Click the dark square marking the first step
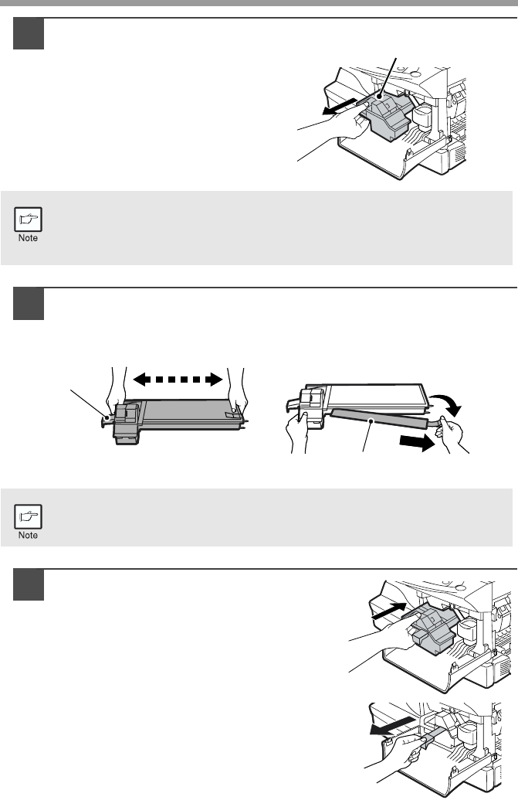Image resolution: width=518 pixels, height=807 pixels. click(29, 34)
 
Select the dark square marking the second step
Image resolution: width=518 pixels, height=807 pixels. click(29, 304)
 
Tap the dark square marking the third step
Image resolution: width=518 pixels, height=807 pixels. click(29, 585)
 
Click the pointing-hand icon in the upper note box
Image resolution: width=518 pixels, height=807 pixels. click(29, 220)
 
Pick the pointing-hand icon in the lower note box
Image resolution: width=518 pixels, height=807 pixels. click(29, 516)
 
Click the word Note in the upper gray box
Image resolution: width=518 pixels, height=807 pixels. click(29, 238)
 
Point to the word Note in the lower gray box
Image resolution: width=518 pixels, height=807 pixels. click(29, 535)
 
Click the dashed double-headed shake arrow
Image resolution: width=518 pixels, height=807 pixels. click(178, 380)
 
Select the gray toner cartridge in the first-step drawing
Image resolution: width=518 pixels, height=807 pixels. click(387, 116)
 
